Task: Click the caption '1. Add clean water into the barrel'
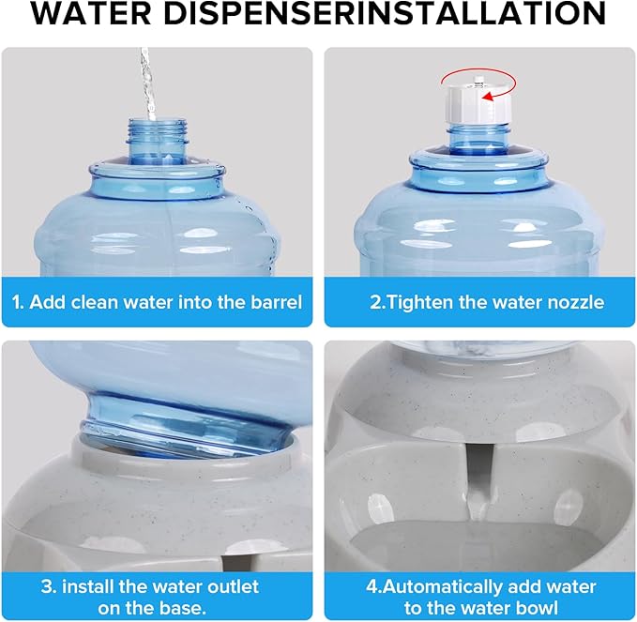(x=157, y=302)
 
